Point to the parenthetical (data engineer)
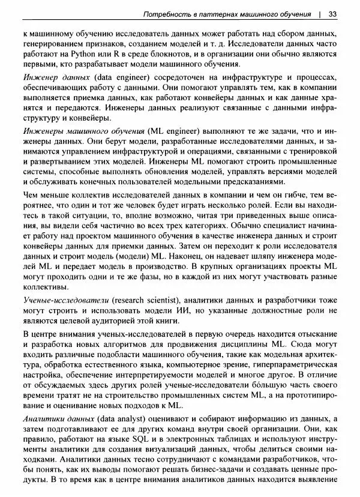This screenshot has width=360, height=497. (123, 79)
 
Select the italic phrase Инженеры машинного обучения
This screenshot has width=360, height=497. (82, 131)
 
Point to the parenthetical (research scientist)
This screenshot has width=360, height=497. (145, 300)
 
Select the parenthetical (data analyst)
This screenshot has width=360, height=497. (124, 418)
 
